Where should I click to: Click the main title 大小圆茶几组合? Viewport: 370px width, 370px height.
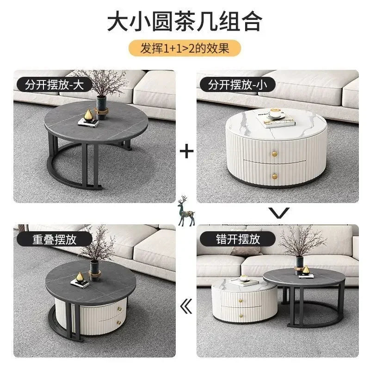point(185,21)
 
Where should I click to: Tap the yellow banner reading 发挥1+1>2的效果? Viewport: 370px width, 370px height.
point(185,48)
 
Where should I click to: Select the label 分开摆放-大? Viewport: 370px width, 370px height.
point(52,85)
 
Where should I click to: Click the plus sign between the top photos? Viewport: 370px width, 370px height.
point(186,151)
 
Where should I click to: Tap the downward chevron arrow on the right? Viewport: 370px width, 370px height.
point(280,213)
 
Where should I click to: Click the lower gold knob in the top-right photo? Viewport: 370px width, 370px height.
point(274,176)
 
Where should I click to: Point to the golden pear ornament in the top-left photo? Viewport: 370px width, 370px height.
point(88,115)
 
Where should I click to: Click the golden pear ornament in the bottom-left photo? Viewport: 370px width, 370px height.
point(79,277)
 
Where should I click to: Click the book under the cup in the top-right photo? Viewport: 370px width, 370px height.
point(276,121)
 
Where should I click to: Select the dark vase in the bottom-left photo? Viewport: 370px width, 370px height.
point(95,270)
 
